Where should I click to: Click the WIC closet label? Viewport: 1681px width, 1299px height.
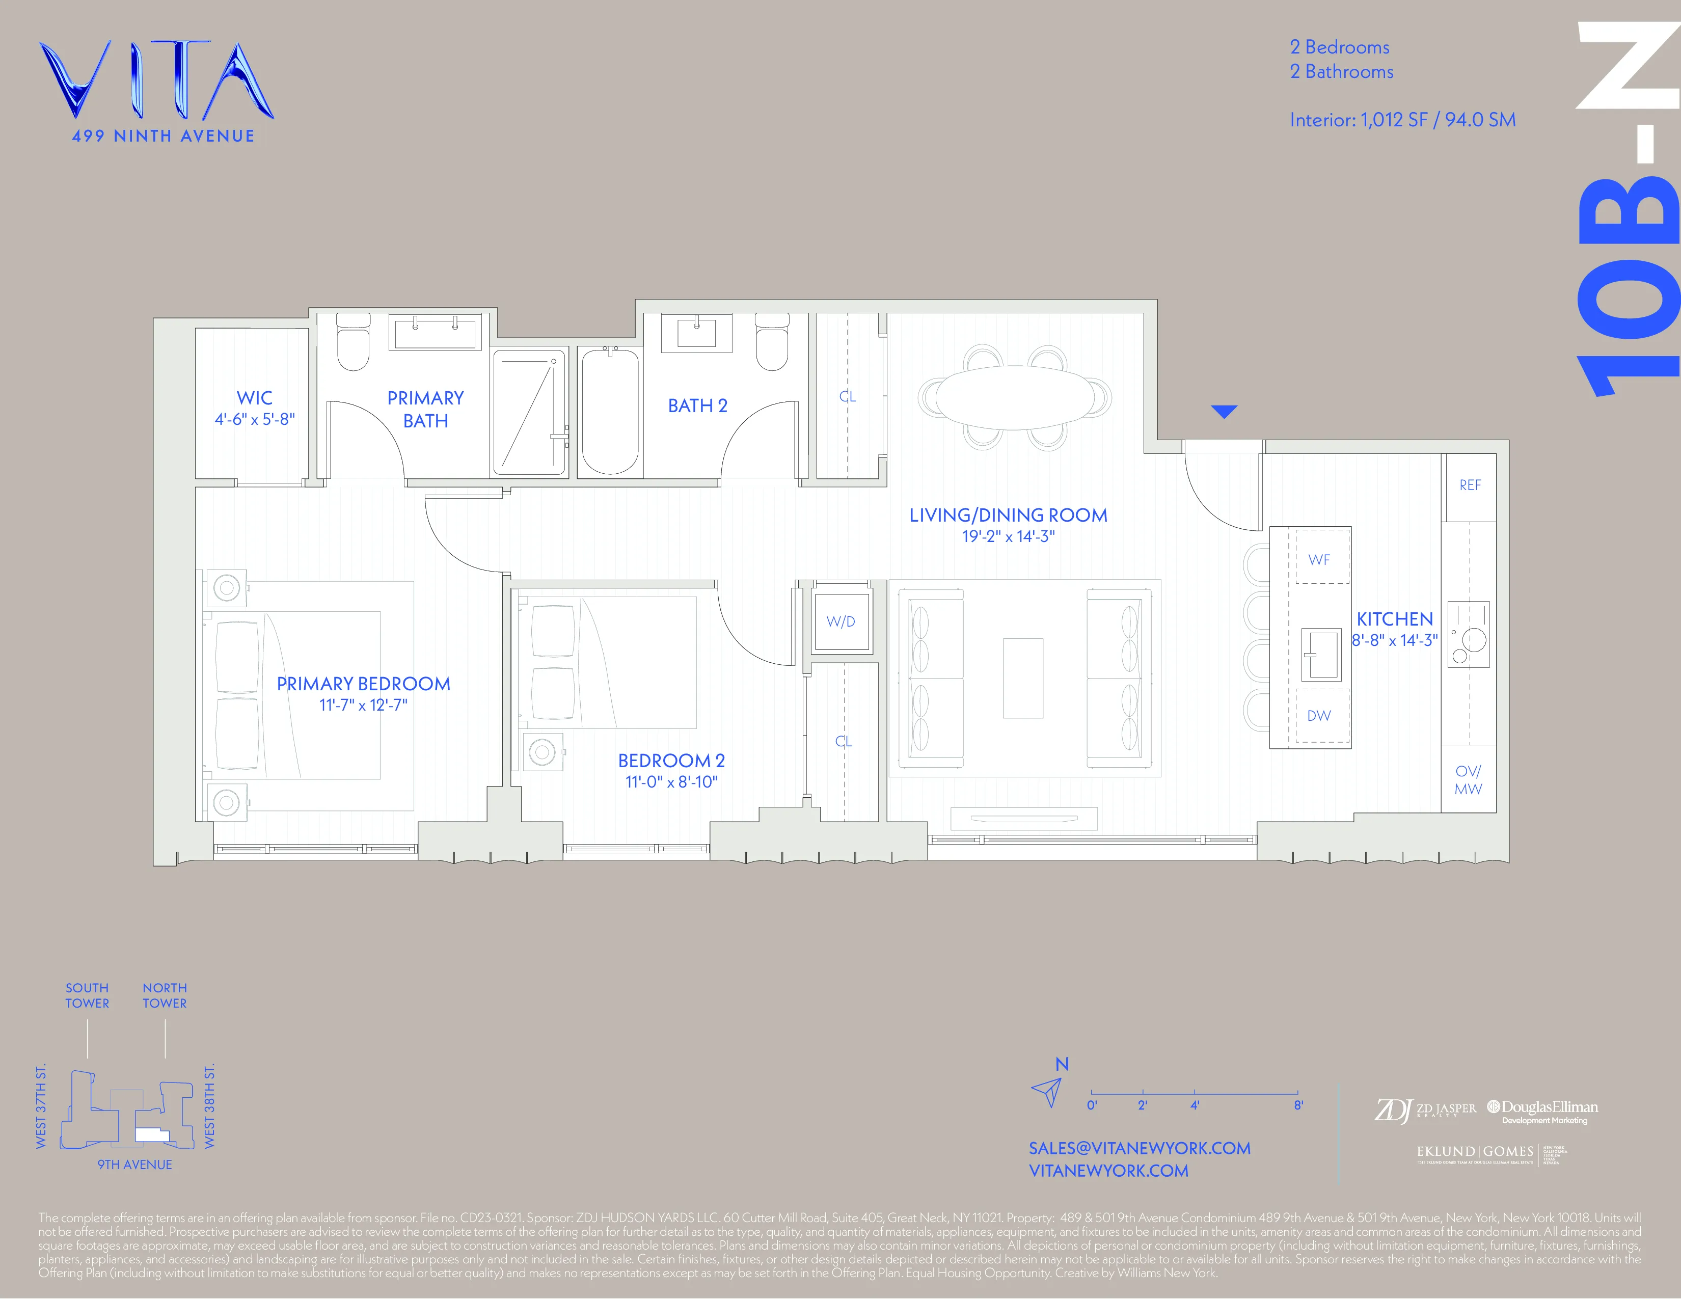(254, 398)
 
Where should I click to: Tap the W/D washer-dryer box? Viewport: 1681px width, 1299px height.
(840, 621)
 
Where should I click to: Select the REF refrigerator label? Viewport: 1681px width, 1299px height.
(1469, 485)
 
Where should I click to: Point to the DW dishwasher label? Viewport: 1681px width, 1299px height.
(1318, 716)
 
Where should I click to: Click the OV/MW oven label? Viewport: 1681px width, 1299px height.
(1468, 779)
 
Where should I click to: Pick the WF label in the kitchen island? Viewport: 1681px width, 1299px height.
(1318, 559)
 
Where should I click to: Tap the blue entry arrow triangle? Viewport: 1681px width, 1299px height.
(1224, 412)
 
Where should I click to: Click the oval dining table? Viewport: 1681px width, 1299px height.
(1014, 397)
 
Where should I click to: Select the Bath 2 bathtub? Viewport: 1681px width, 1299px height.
(610, 411)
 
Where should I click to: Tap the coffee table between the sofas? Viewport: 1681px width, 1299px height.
(1023, 678)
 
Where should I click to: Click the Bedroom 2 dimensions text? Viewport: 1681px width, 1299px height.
(671, 782)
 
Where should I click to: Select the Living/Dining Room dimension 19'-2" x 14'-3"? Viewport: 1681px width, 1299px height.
(1008, 536)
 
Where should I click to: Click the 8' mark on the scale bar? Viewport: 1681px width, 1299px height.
(1298, 1105)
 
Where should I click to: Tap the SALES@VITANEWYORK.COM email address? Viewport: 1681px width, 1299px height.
(1139, 1148)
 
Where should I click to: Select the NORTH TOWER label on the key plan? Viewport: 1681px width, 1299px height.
(165, 995)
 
